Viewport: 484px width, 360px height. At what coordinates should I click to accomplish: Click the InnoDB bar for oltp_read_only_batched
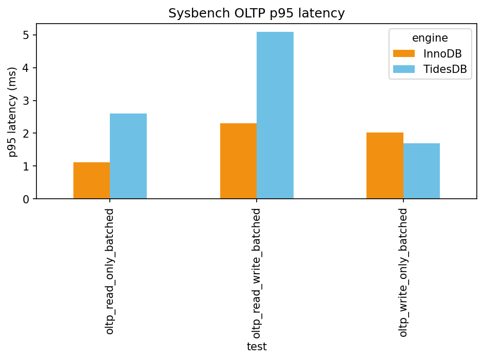pos(91,180)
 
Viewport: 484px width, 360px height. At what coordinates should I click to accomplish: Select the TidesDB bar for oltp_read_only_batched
pos(128,156)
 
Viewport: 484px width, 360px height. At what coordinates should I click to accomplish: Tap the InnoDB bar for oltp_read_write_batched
pos(238,161)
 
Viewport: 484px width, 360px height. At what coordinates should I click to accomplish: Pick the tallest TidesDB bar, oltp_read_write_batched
pos(275,116)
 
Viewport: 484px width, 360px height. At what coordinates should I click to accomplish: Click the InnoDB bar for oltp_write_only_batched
pos(385,165)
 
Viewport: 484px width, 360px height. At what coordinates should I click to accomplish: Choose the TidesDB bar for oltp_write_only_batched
pos(421,171)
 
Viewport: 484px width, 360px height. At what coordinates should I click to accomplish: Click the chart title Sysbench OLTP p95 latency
pos(257,13)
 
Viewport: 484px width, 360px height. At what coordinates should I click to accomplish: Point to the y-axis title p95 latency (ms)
pos(12,111)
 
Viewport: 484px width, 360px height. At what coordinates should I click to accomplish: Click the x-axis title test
pos(257,347)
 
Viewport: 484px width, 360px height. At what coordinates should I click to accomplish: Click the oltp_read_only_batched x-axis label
pos(110,271)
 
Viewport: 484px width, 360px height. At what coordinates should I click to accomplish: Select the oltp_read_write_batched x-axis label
pos(257,273)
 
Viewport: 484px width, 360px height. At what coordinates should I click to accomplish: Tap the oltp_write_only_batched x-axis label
pos(403,272)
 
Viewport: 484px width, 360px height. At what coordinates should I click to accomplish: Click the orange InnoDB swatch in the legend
pos(404,54)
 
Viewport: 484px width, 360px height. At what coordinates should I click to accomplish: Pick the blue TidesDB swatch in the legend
pos(404,70)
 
